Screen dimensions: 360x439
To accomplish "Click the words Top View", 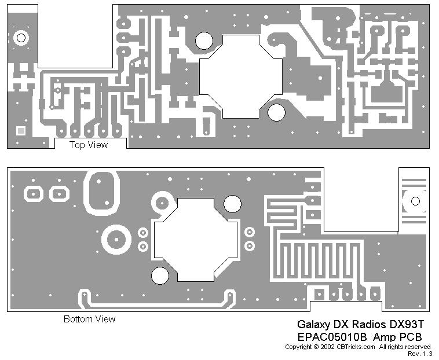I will coord(89,145).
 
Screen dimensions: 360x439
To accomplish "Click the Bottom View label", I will coord(89,319).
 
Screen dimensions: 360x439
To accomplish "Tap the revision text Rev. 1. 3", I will coord(420,353).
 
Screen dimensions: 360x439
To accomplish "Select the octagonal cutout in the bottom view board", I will coord(195,238).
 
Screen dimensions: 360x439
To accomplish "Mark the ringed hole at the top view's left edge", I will coord(21,38).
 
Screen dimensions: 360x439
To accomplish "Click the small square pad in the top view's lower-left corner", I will coord(21,131).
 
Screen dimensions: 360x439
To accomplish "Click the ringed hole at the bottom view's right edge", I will coord(415,201).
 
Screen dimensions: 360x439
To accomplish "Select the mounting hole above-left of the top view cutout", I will coord(203,40).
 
